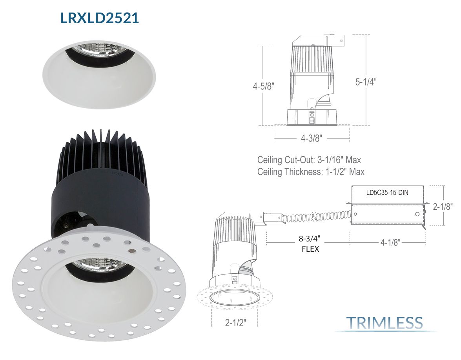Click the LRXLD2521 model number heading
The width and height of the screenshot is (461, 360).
(99, 18)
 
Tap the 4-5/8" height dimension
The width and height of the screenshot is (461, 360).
(263, 86)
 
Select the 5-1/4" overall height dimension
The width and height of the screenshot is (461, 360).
(366, 82)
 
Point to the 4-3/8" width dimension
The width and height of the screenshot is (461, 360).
(312, 138)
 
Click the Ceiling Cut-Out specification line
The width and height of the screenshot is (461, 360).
(309, 160)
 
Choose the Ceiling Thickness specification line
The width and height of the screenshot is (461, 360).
(311, 172)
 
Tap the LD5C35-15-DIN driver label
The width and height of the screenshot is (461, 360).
(387, 193)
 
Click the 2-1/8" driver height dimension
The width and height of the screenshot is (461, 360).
(443, 207)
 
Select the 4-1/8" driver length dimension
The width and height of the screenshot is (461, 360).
(390, 242)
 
